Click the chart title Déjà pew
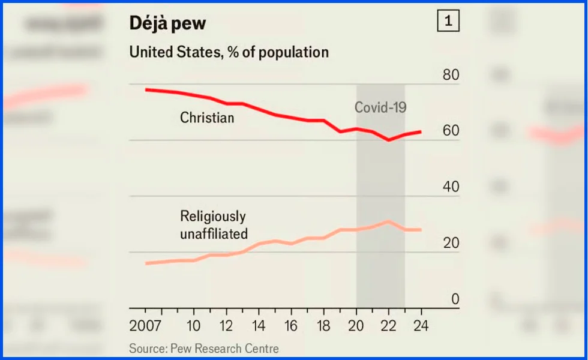(x=168, y=23)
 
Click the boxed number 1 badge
(x=448, y=22)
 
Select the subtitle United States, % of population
(x=229, y=52)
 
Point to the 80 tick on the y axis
(x=451, y=76)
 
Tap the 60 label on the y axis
(x=451, y=131)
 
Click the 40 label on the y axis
(x=451, y=187)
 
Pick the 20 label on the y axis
(x=451, y=243)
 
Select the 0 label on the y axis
(x=455, y=299)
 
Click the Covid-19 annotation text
(x=380, y=107)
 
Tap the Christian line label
(x=207, y=118)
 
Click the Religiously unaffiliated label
(x=214, y=225)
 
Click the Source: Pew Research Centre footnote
(x=204, y=348)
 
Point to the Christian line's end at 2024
(x=421, y=132)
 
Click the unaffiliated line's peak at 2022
(x=389, y=221)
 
